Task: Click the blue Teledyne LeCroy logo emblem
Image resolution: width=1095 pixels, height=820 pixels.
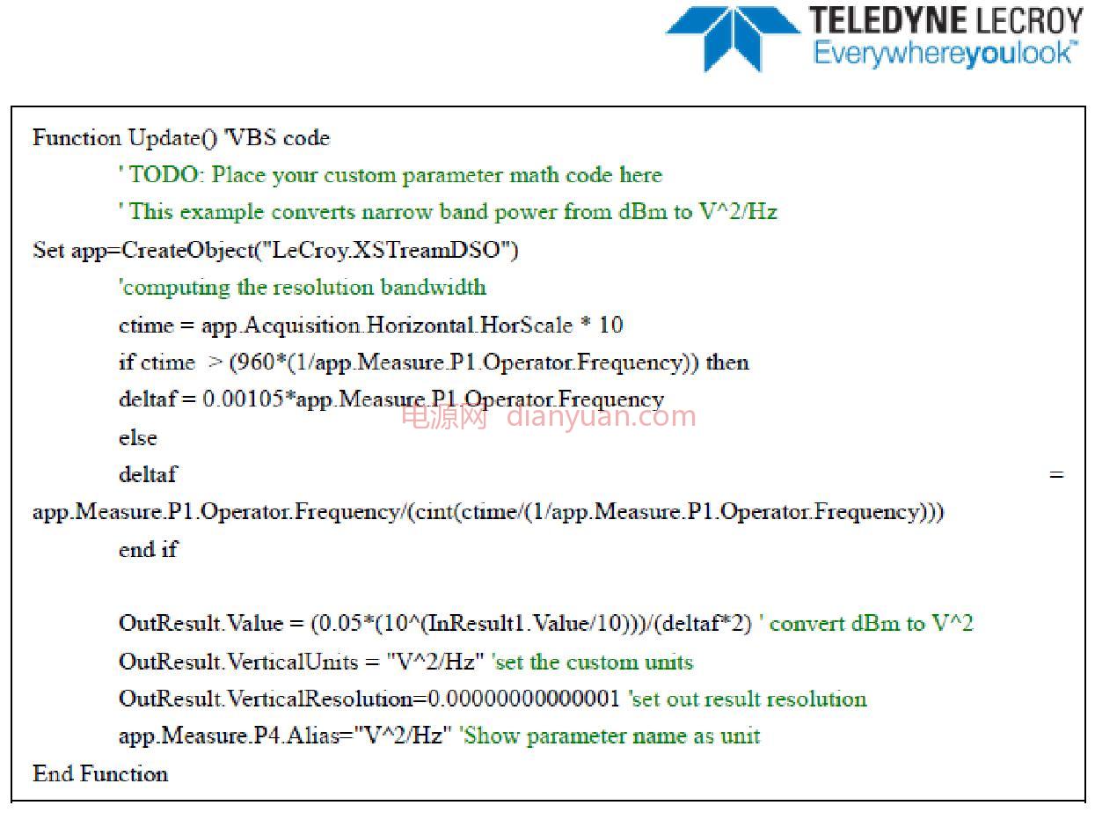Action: pyautogui.click(x=733, y=38)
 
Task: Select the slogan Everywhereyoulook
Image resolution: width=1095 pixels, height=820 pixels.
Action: pyautogui.click(x=945, y=54)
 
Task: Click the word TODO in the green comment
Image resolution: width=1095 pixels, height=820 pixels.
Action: pyautogui.click(x=163, y=175)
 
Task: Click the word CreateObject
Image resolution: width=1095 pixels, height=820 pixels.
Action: pyautogui.click(x=187, y=250)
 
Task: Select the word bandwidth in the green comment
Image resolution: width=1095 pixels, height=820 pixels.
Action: pyautogui.click(x=433, y=287)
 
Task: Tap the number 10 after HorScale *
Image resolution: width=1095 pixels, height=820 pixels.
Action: pyautogui.click(x=610, y=325)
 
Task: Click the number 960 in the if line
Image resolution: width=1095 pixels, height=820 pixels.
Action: pyautogui.click(x=254, y=362)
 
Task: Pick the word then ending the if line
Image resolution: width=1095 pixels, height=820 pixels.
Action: pyautogui.click(x=726, y=362)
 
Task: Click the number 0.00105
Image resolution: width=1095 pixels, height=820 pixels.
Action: pyautogui.click(x=243, y=399)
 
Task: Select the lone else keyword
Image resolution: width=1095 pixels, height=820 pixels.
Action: pyautogui.click(x=138, y=437)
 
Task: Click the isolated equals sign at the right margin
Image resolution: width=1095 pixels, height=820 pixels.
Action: pyautogui.click(x=1056, y=474)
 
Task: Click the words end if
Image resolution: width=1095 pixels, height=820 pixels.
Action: pyautogui.click(x=148, y=550)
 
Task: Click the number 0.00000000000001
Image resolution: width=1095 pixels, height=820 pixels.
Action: pyautogui.click(x=523, y=699)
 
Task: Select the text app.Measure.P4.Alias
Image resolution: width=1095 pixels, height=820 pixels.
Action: pyautogui.click(x=230, y=736)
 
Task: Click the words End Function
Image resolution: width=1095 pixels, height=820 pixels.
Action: pyautogui.click(x=100, y=773)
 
